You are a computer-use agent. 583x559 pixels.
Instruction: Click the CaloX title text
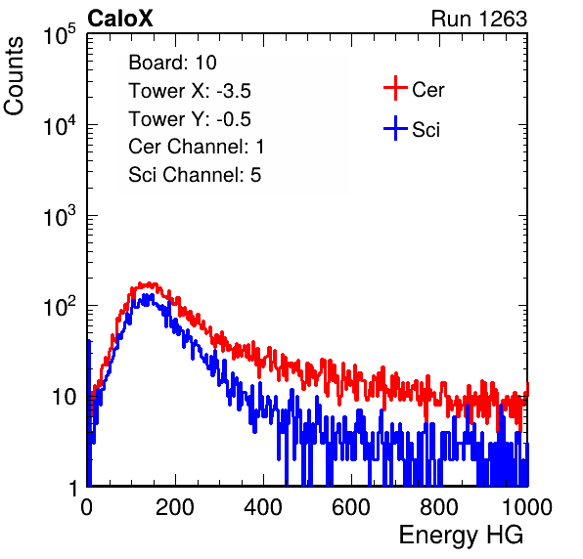pos(120,19)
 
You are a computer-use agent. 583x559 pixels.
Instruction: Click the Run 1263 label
pos(479,19)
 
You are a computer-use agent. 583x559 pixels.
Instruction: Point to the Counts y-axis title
pos(14,76)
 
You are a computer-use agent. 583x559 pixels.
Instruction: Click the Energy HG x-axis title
pos(461,535)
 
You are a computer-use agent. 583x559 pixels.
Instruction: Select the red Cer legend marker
pos(395,88)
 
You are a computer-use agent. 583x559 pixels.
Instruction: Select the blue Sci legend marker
pos(395,128)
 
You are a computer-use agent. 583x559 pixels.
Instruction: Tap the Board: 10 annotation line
pos(172,63)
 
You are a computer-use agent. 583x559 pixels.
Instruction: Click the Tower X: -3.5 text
pos(190,91)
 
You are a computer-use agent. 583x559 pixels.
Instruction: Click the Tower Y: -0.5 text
pos(190,119)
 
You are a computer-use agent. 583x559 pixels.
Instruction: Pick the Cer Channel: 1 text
pos(197,147)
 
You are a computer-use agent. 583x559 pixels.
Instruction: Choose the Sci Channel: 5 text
pos(195,175)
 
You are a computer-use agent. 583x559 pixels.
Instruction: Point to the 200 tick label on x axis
pos(175,507)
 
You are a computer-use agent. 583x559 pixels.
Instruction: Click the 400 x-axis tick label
pos(263,507)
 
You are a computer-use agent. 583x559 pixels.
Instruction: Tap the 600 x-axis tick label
pos(351,507)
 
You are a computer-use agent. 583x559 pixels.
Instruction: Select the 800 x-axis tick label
pos(439,507)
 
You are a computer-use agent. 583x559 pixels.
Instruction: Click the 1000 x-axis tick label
pos(527,507)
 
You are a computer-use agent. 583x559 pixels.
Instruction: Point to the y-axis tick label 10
pos(65,397)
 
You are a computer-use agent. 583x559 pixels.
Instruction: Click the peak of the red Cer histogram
pos(149,284)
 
